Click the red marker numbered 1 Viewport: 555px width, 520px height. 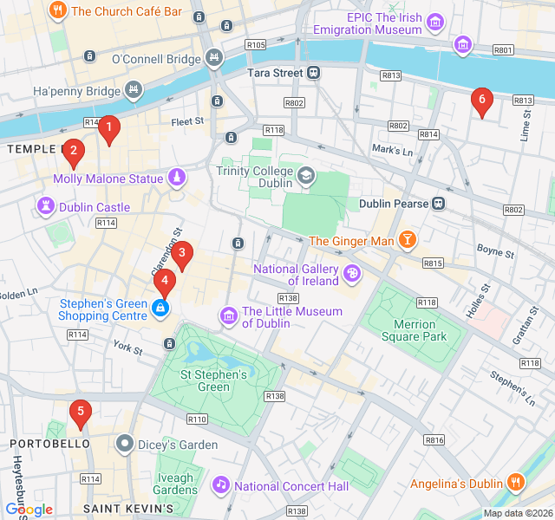point(108,130)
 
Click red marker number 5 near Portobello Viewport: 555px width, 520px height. point(81,413)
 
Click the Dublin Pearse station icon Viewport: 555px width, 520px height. point(440,204)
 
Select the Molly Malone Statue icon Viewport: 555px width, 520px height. point(177,179)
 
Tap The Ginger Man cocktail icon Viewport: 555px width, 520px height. point(407,240)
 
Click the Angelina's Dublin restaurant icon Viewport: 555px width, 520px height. point(516,482)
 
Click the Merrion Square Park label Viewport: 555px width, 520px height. point(415,330)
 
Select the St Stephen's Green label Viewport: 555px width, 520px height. point(213,380)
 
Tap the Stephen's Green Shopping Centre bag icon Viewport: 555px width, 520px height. point(160,308)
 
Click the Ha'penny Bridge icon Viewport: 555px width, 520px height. point(133,90)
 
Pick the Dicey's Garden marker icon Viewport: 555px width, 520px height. point(125,445)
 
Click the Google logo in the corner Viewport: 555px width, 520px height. point(29,510)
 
